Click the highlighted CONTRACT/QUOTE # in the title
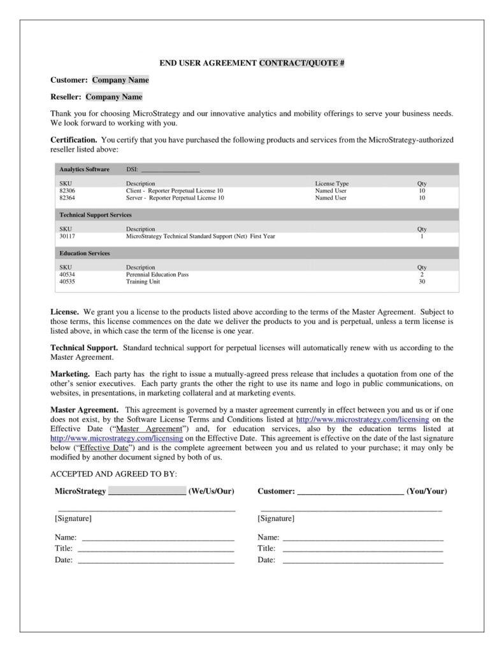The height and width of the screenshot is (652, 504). pyautogui.click(x=301, y=63)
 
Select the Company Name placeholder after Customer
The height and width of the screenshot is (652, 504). pyautogui.click(x=120, y=80)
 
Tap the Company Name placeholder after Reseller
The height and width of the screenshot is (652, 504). pyautogui.click(x=114, y=97)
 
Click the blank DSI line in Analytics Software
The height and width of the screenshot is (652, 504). pyautogui.click(x=169, y=169)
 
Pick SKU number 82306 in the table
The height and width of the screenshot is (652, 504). pyautogui.click(x=67, y=191)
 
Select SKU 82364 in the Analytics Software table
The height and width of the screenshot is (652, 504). pyautogui.click(x=67, y=198)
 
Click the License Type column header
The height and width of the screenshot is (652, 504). pyautogui.click(x=331, y=183)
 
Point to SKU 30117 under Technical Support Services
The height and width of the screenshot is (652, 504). pyautogui.click(x=67, y=236)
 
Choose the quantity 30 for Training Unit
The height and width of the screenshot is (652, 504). pyautogui.click(x=421, y=281)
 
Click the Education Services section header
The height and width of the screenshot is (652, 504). pyautogui.click(x=84, y=253)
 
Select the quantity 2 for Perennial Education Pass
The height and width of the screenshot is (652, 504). pyautogui.click(x=421, y=274)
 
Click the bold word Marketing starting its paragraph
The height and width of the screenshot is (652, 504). pyautogui.click(x=70, y=374)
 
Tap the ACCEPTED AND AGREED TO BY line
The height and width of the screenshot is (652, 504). pyautogui.click(x=113, y=474)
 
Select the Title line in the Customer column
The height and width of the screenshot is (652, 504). pyautogui.click(x=362, y=548)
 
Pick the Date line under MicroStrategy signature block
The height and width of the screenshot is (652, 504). pyautogui.click(x=155, y=560)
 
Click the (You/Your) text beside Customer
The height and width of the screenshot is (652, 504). pyautogui.click(x=426, y=492)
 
